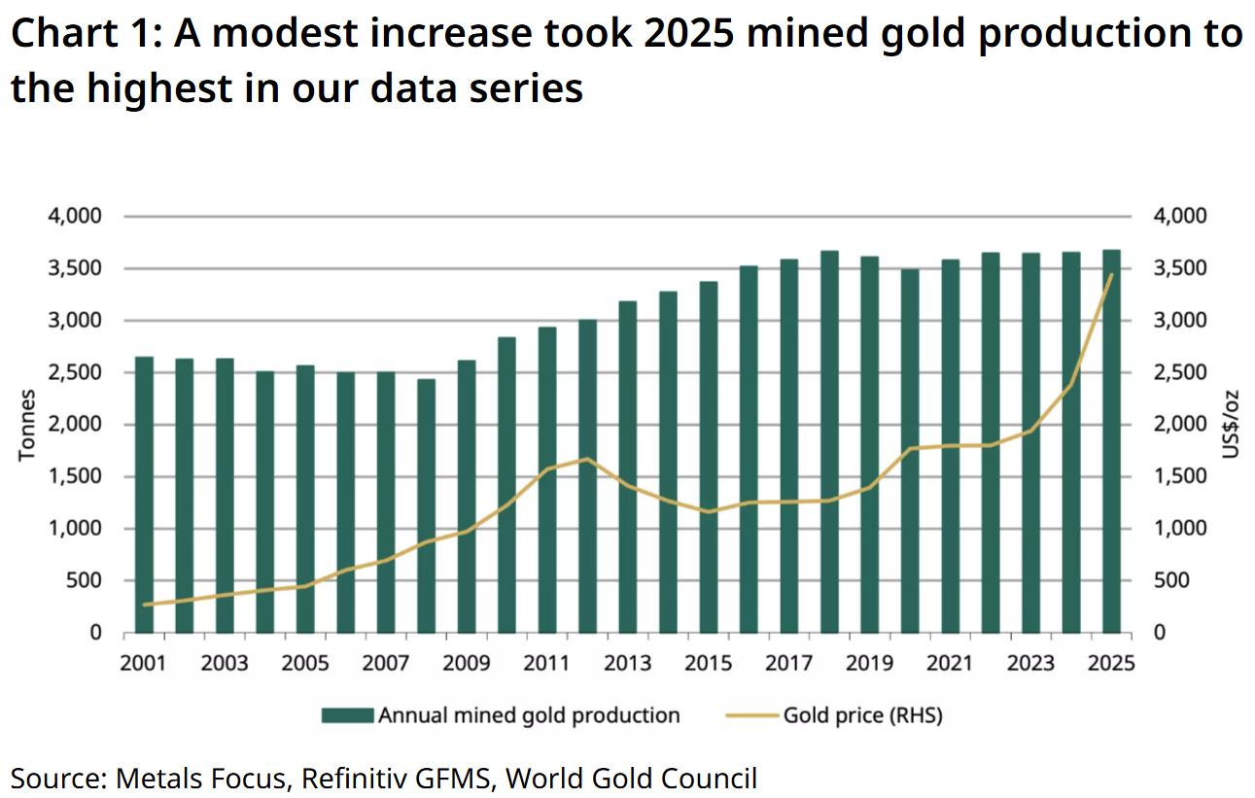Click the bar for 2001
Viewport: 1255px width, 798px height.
coord(144,495)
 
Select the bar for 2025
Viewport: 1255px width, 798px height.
coord(1111,442)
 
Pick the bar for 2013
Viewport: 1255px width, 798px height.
coord(628,468)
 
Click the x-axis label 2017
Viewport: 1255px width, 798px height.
coord(788,664)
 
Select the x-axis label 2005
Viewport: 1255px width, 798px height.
coord(305,664)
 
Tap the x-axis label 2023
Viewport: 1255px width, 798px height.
coord(1030,664)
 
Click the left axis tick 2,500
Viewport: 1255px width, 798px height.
coord(76,373)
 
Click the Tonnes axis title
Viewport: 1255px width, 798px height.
coord(27,425)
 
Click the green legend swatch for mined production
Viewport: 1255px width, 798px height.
coord(347,716)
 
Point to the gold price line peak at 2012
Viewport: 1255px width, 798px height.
coord(587,459)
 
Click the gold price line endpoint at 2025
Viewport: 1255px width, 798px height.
coord(1111,274)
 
